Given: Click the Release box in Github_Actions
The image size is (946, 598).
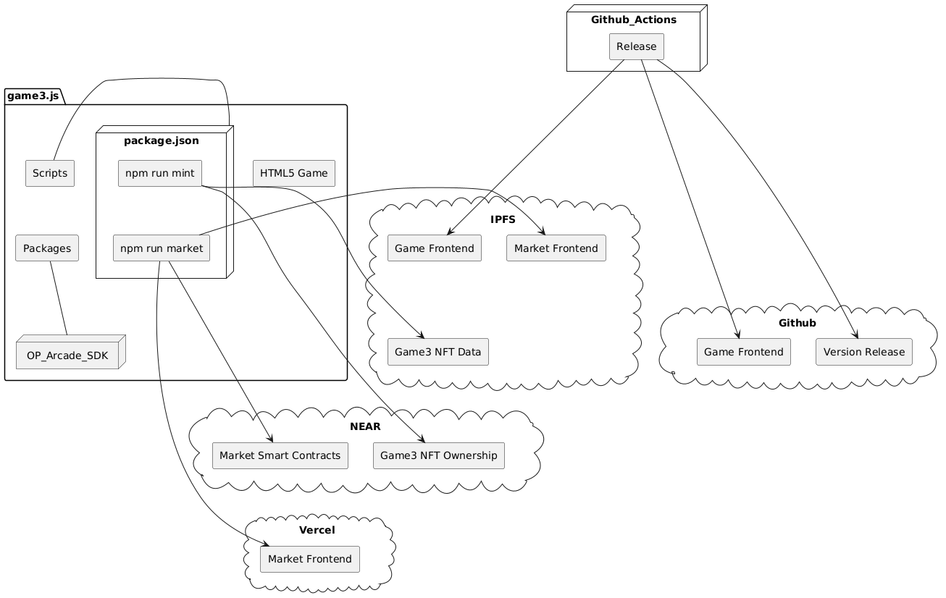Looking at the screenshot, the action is [x=637, y=46].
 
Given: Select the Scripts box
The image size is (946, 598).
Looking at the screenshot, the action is [x=50, y=173].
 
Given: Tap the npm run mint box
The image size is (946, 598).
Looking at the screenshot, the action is [x=159, y=173].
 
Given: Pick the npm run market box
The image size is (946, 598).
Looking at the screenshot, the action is [x=162, y=248].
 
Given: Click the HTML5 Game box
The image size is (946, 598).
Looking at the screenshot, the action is [x=294, y=173].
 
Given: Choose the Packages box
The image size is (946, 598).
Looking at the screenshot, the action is [x=47, y=248].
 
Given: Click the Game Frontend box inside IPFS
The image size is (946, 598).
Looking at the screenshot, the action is [x=435, y=248].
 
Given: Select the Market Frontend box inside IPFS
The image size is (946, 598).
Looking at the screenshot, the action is [x=556, y=248].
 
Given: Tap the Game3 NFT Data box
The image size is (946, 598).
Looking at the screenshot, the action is [x=438, y=352].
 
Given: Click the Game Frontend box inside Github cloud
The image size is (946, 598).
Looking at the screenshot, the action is [x=744, y=352].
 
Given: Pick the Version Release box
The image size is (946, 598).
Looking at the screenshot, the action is [x=864, y=352].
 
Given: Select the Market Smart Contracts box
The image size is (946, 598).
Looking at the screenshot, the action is [x=280, y=455].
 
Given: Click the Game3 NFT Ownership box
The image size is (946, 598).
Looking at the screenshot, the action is [x=439, y=455].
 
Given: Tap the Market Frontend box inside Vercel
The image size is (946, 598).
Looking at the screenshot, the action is [x=310, y=559].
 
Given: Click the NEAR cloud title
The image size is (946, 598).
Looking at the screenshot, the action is [x=365, y=426].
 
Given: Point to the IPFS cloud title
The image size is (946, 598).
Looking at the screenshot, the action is [x=503, y=219].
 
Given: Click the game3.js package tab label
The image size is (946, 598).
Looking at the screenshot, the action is [x=33, y=96].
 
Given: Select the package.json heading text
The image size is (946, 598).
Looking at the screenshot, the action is [x=162, y=140].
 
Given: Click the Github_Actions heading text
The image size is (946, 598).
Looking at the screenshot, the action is [x=634, y=20].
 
